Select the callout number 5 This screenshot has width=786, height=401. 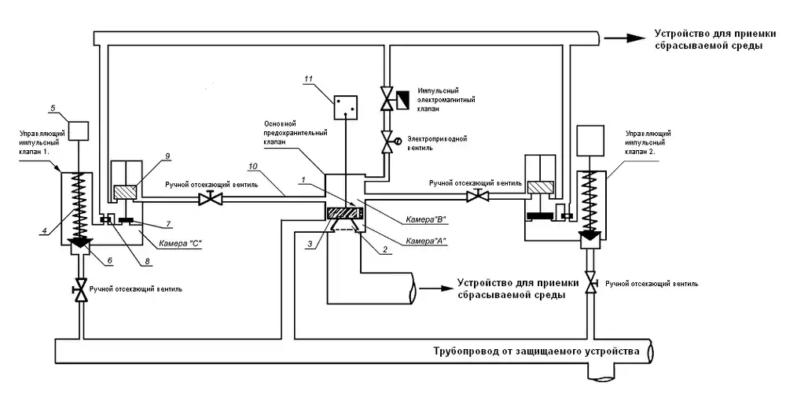[53, 108]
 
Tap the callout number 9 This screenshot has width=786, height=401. [168, 157]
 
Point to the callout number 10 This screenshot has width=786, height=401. [253, 167]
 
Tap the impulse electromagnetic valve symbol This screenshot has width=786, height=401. [387, 100]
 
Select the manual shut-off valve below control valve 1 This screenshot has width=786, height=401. [79, 289]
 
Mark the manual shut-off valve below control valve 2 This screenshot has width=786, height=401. [591, 283]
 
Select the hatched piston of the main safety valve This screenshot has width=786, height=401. [343, 212]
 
